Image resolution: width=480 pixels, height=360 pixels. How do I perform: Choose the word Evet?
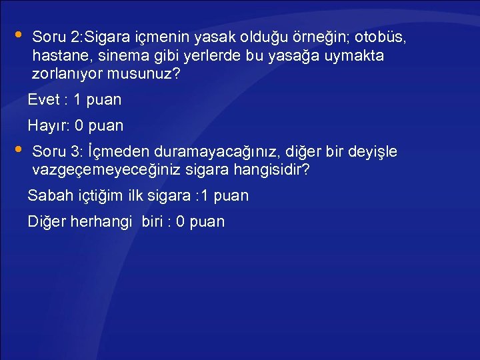(x=42, y=101)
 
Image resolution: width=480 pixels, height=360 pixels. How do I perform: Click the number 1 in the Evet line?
(x=77, y=101)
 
